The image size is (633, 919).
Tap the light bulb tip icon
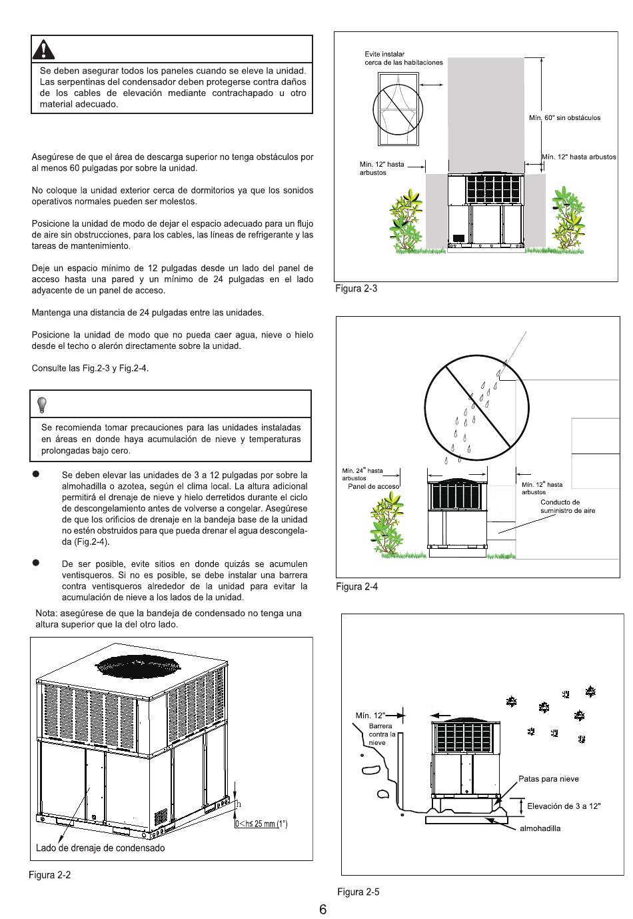[x=42, y=404]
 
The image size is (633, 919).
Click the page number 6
[x=322, y=910]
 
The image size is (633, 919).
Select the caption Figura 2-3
[x=356, y=289]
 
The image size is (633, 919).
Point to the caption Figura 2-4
[x=356, y=586]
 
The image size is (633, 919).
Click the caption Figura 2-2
[x=49, y=874]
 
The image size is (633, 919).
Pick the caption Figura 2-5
[x=358, y=892]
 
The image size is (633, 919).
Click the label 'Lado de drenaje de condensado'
[x=100, y=848]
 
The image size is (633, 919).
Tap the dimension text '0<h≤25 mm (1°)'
[x=261, y=824]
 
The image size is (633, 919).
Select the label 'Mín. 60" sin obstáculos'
[x=564, y=118]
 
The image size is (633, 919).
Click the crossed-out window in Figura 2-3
[x=397, y=109]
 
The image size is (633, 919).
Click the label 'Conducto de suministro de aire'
[x=567, y=506]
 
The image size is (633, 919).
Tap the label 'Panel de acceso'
[x=374, y=486]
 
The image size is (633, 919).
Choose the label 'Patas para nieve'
[x=548, y=778]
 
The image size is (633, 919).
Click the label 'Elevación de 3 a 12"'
[x=564, y=806]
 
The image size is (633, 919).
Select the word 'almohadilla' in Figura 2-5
[x=540, y=828]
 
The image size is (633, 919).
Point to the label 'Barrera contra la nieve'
[x=382, y=734]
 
